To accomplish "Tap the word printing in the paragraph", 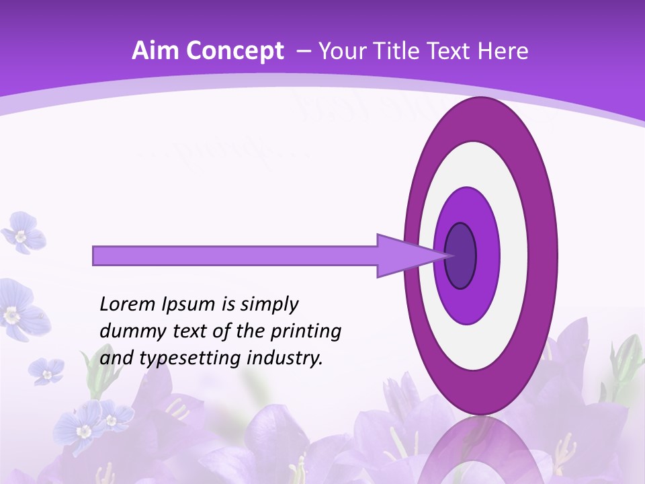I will click(305, 331).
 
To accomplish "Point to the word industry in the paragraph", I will click(284, 358).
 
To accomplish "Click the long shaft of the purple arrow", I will click(235, 256).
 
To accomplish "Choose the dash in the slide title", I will click(303, 51).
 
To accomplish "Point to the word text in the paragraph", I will click(190, 331).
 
